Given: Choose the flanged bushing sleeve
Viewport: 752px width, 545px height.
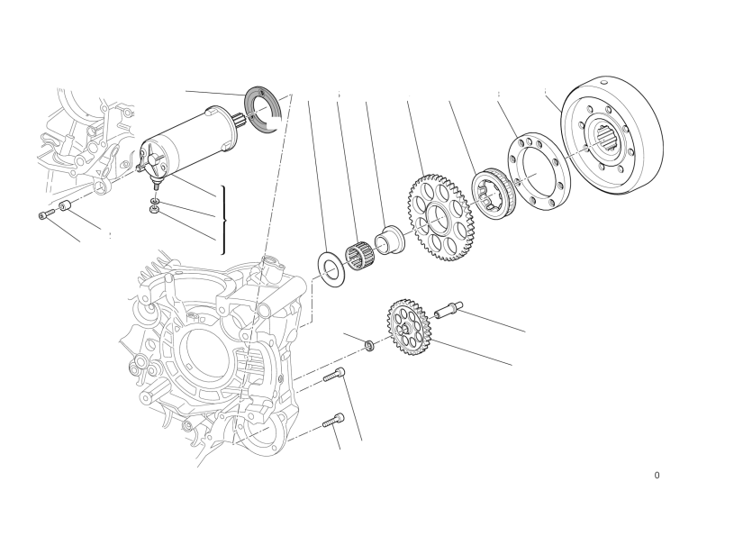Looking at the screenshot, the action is point(390,240).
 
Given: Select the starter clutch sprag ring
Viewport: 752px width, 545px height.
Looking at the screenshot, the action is point(494,195).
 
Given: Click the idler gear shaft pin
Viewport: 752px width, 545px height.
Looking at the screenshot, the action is point(448,310).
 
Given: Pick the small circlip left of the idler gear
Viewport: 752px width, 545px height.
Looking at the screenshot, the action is point(370,345).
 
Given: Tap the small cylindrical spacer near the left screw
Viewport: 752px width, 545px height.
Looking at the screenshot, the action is point(65,207).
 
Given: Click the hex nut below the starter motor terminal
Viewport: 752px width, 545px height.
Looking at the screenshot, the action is point(154,209).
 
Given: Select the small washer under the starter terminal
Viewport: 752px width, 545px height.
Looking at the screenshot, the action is point(154,200).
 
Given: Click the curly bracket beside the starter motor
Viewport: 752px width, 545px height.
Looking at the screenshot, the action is point(223,220).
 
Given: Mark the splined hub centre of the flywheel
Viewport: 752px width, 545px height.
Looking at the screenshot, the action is point(608,137).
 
